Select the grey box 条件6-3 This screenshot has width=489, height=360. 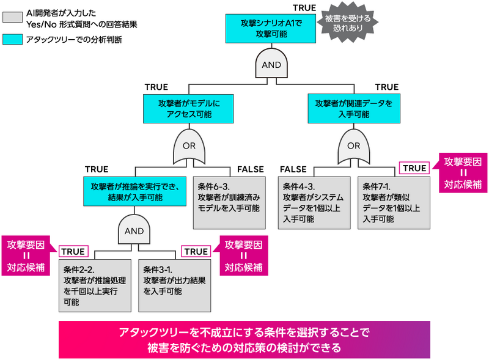[230, 202]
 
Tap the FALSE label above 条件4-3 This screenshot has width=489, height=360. [293, 169]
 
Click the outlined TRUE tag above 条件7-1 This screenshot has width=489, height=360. [414, 168]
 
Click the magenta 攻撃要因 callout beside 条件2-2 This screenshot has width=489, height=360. [27, 255]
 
